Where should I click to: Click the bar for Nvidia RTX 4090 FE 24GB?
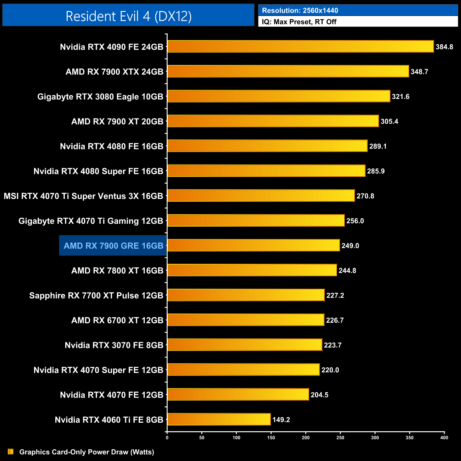tap(300, 46)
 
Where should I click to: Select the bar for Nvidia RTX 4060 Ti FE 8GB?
tap(219, 419)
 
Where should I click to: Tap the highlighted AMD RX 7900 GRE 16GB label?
tap(113, 246)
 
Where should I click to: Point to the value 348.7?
tap(419, 72)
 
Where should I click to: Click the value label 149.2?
tap(281, 420)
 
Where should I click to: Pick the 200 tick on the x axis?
tap(306, 438)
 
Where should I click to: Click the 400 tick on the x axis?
tap(444, 438)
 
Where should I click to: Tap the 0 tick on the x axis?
tap(167, 438)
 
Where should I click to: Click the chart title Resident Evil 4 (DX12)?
tap(128, 16)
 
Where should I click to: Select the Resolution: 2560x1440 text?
tap(300, 10)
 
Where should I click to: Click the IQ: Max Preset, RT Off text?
tap(299, 22)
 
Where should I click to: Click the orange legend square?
tap(11, 451)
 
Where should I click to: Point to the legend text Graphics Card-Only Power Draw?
tap(87, 452)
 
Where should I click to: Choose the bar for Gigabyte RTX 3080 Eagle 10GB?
tap(278, 96)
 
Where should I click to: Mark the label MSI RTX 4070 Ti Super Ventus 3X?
tap(83, 196)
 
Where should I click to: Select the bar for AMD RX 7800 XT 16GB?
tap(252, 270)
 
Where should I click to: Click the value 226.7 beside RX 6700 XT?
tap(335, 320)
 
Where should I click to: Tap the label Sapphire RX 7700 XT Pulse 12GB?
tap(96, 295)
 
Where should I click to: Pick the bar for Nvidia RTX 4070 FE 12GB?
tap(238, 394)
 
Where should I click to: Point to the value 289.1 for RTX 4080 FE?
tap(378, 146)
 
